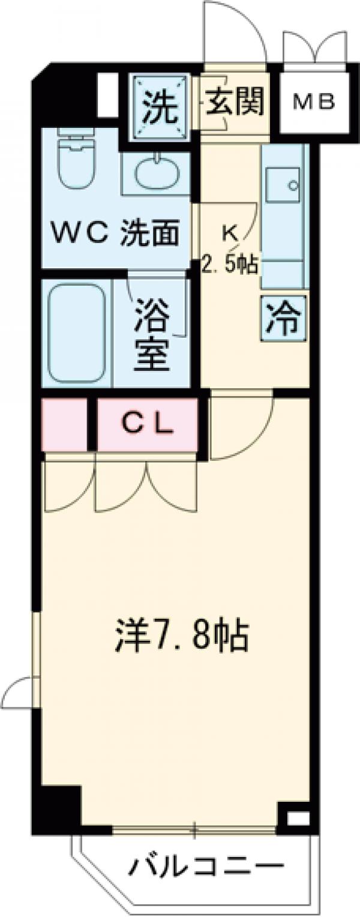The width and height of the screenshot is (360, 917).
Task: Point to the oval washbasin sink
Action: point(157,175)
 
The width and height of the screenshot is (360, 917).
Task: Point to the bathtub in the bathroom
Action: point(76,332)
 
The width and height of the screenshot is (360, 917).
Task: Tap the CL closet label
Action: point(148,425)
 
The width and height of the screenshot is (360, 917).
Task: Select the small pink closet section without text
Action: point(64,425)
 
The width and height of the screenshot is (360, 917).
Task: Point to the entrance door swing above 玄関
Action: point(234,33)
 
